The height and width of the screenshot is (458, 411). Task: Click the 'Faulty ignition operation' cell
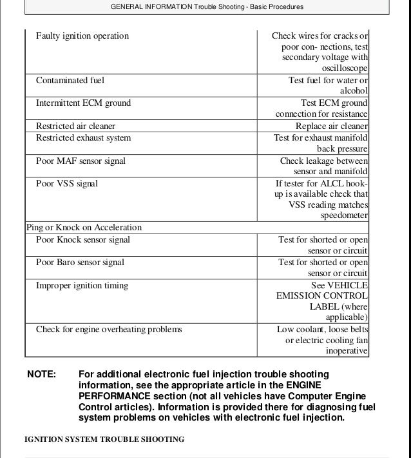point(82,35)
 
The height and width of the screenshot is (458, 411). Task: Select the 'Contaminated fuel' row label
point(70,81)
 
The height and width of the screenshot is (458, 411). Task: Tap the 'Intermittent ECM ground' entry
point(83,103)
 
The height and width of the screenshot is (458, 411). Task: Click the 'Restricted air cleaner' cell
point(75,126)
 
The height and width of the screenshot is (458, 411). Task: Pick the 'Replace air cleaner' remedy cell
point(331,126)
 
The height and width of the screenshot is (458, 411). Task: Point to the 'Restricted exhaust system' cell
point(83,138)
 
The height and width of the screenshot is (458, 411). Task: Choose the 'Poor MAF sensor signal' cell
point(81,161)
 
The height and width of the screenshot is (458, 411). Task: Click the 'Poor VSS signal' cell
point(67,184)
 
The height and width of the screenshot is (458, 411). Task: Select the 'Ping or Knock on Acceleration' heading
point(84,228)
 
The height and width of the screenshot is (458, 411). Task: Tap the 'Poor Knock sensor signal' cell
point(83,240)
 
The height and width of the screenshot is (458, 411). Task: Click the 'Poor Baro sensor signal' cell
point(80,263)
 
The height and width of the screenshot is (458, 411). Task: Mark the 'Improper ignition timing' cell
point(82,286)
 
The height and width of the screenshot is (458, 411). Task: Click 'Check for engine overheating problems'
point(109,330)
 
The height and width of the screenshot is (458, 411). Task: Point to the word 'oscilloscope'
point(344,68)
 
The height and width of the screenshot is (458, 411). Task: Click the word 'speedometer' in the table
point(345,215)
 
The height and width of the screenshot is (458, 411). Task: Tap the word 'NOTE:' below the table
point(42,374)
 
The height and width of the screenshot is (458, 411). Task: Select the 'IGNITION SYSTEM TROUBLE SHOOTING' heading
point(104,439)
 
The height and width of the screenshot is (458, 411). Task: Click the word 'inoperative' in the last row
point(346,351)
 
